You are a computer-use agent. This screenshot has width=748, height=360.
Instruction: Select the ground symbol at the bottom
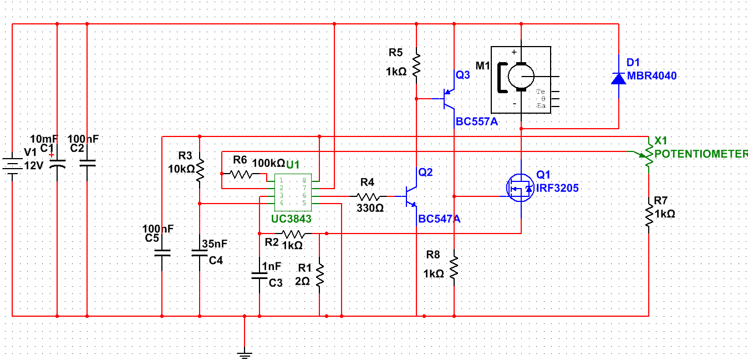tap(244, 353)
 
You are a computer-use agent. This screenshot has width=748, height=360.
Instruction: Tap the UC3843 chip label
tap(291, 219)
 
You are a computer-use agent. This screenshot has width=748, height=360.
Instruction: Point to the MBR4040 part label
tap(652, 76)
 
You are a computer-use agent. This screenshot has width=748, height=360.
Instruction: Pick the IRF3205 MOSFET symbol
tap(520, 188)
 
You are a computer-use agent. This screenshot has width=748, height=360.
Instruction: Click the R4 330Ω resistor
tap(368, 196)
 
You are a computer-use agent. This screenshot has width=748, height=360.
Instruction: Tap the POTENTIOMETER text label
tap(701, 154)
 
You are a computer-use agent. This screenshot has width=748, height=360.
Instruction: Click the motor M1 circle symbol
tap(521, 76)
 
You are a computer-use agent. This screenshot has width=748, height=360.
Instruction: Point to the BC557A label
tap(476, 122)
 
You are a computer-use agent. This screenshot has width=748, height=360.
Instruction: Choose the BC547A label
tap(439, 219)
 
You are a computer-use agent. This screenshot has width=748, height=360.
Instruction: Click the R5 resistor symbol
tap(416, 64)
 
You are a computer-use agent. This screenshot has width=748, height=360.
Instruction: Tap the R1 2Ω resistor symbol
tap(319, 275)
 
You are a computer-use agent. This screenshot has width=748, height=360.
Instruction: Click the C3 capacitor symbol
tap(259, 275)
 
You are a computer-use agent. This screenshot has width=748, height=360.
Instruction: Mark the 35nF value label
tap(215, 244)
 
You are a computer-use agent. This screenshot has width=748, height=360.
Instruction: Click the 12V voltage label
tap(33, 165)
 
